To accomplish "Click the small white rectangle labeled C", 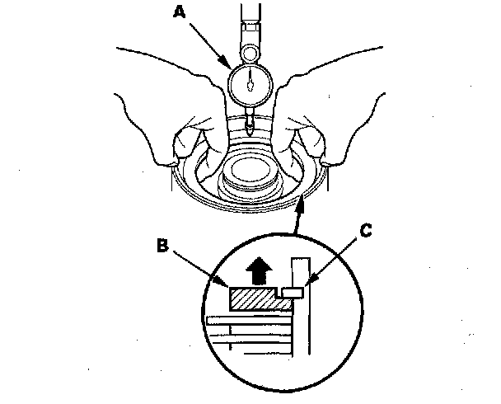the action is click(x=293, y=292).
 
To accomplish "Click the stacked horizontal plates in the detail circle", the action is click(x=247, y=333).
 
